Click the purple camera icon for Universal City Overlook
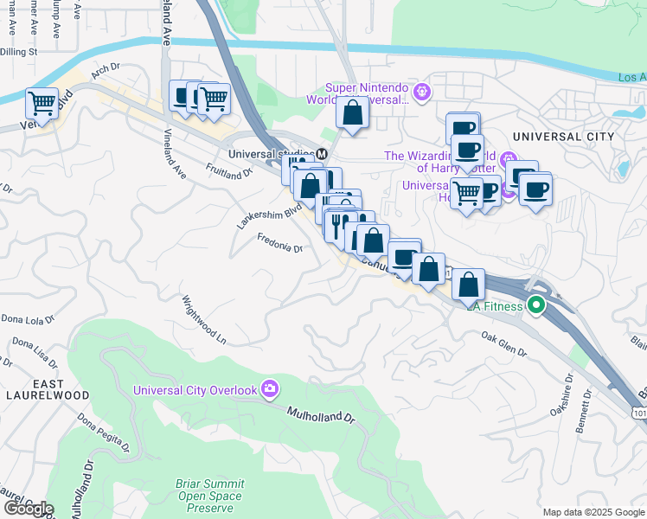270,389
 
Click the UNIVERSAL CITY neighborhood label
562,137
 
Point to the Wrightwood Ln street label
203,317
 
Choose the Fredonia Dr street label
279,247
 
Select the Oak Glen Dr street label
503,343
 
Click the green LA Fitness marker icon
536,305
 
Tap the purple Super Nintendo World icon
421,89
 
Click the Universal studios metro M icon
321,154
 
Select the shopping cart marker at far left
42,104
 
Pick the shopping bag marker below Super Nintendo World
353,112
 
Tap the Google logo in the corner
28,509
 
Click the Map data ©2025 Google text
593,512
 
